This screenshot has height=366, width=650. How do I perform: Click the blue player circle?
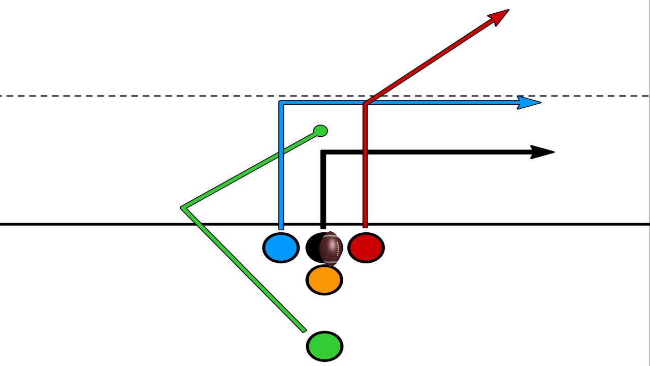(281, 248)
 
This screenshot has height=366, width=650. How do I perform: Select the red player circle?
(366, 248)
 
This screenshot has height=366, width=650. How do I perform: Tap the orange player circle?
(324, 280)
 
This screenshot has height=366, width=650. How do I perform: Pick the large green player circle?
(324, 346)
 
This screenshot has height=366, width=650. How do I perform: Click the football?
(331, 248)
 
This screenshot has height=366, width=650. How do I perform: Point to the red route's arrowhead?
(500, 15)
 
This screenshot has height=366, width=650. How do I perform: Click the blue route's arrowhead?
(531, 103)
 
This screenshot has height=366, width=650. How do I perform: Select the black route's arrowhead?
(543, 152)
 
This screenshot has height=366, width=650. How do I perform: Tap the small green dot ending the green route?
(320, 131)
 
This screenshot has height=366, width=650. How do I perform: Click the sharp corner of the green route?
(183, 207)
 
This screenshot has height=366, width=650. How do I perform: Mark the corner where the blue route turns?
(281, 103)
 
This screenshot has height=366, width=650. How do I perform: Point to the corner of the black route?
(323, 152)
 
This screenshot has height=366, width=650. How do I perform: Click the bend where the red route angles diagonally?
(365, 104)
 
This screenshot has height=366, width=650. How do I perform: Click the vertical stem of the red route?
(365, 178)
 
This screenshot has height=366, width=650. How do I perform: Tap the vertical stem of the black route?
(323, 193)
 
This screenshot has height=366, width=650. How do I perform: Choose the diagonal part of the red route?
(432, 61)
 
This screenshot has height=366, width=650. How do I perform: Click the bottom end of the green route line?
(305, 330)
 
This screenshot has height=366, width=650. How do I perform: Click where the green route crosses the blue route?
(281, 153)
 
